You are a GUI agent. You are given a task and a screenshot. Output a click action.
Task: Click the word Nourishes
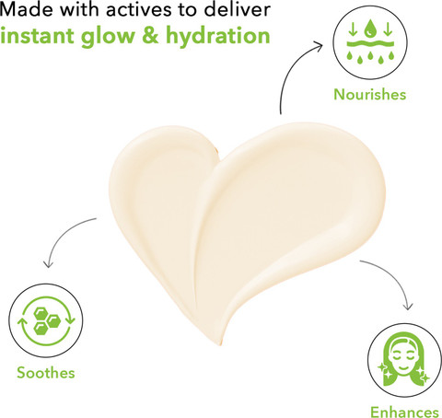[370, 94]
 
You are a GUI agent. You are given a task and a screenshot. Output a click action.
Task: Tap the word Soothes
[46, 373]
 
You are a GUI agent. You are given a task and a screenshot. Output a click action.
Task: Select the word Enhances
[404, 412]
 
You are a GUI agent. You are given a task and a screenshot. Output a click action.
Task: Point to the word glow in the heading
[108, 36]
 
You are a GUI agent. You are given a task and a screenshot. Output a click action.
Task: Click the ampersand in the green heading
[151, 36]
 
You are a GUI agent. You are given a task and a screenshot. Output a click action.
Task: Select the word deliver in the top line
[237, 9]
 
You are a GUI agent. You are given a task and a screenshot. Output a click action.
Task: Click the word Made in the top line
[27, 9]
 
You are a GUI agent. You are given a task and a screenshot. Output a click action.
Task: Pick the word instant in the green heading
[37, 36]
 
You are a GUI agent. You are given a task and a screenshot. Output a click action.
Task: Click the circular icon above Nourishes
[370, 42]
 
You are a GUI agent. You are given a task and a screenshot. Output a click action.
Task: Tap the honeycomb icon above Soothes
[46, 320]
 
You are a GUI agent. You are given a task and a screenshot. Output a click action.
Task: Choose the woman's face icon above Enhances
[404, 360]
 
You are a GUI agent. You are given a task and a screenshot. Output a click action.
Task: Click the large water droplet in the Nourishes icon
[370, 27]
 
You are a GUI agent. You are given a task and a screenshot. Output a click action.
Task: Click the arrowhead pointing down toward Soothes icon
[48, 263]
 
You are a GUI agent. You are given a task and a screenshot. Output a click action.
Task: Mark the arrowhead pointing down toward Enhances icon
[408, 306]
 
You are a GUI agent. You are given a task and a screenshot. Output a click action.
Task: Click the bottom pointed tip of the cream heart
[220, 345]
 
